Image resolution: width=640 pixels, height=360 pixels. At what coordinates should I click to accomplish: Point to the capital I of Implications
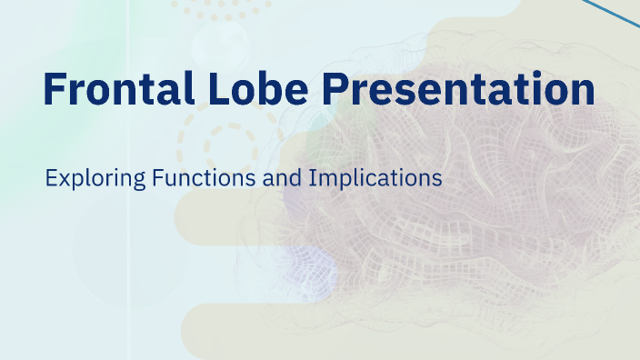(312, 177)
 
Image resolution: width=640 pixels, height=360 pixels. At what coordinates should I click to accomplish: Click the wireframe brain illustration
(455, 227)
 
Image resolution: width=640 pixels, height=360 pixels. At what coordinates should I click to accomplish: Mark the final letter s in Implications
(437, 178)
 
